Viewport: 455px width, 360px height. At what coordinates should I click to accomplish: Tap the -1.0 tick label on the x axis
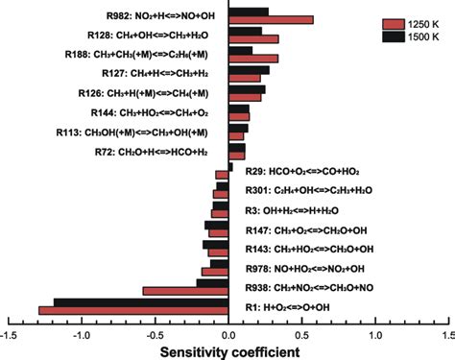(83, 336)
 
